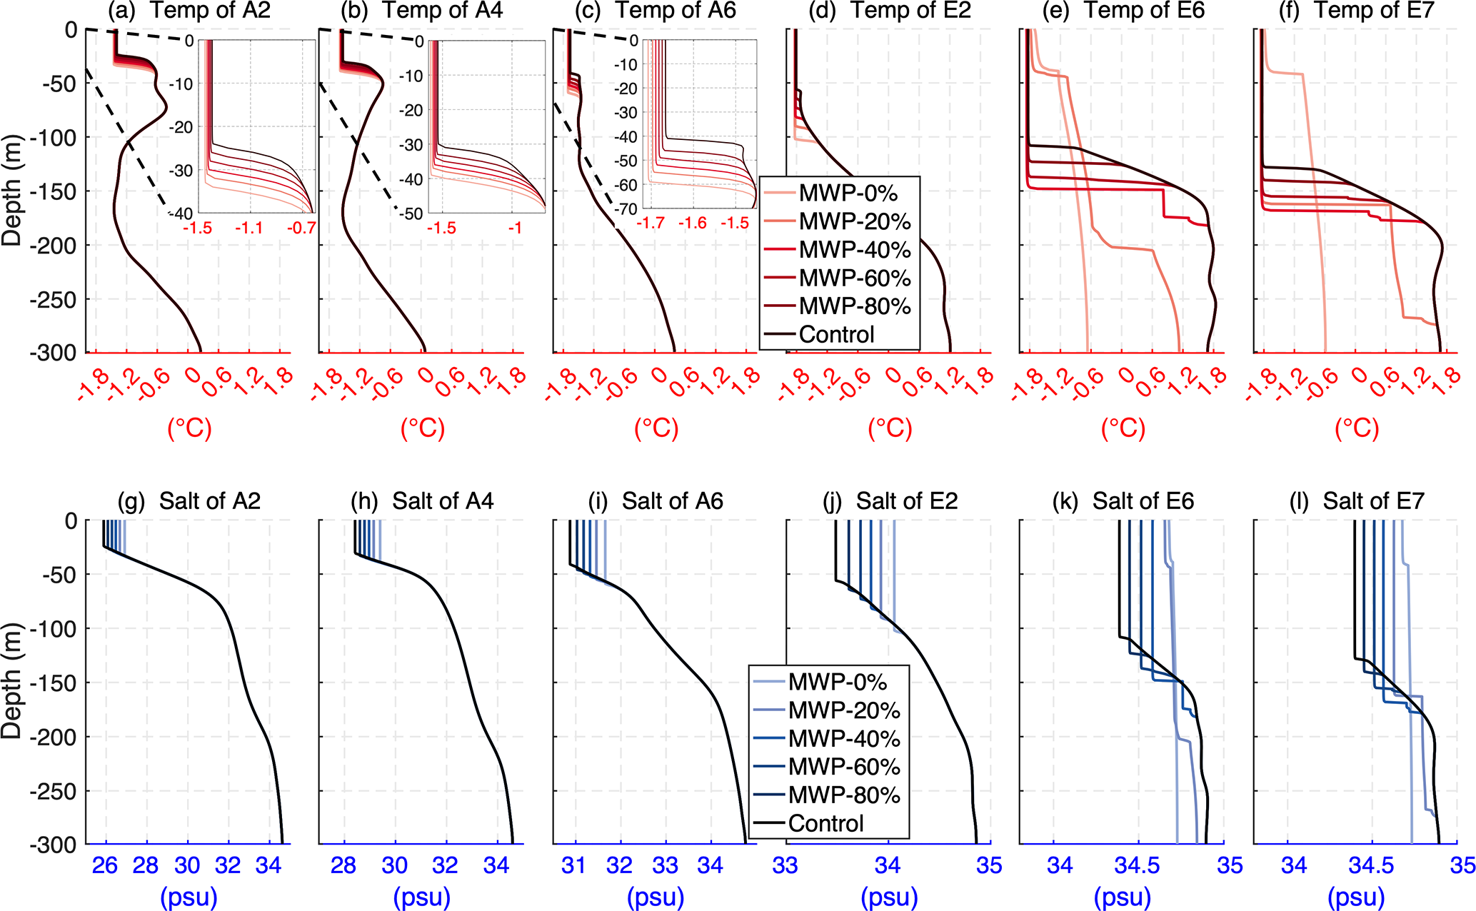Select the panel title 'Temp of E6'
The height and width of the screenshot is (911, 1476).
[1144, 11]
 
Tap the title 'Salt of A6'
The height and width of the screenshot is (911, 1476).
[672, 501]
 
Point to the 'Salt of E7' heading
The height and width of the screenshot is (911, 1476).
[1373, 501]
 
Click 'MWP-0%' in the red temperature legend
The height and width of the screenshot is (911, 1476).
[848, 193]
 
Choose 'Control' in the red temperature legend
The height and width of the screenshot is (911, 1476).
[836, 334]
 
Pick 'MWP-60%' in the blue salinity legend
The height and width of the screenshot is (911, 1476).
[844, 767]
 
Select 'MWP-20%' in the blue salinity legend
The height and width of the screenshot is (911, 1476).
[844, 710]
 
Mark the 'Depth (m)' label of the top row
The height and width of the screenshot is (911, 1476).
[11, 191]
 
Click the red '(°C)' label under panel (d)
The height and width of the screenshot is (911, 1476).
[890, 428]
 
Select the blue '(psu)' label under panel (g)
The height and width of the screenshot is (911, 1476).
[189, 897]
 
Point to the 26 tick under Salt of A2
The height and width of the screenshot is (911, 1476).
[106, 865]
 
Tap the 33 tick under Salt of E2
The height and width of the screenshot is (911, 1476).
[786, 865]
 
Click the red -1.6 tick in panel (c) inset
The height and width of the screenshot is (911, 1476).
[692, 223]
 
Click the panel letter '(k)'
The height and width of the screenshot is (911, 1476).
[1065, 501]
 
